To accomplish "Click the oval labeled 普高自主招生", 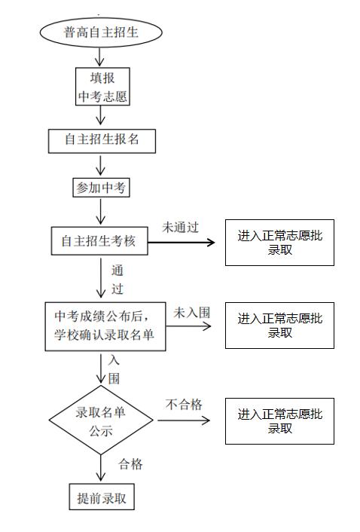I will pos(102,32).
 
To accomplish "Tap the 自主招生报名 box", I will pos(102,140).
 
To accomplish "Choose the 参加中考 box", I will pos(102,188).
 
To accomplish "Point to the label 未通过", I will pos(181,228).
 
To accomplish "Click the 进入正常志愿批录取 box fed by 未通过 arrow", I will pos(279,243).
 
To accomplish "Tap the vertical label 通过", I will pos(117,279).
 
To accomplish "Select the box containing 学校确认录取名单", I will pos(105,326).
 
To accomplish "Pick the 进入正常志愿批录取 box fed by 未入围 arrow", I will pos(279,326).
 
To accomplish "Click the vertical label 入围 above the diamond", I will pos(114,369).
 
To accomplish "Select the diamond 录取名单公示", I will pos(102,421).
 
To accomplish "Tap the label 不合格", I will pos(184,405).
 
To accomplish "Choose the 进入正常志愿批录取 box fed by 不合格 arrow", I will pos(279,420).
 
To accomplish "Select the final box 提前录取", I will pos(102,499).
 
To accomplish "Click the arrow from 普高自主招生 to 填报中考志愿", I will pos(102,57).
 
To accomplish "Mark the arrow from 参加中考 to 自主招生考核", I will pos(102,212).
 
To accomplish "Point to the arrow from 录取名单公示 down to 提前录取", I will pos(102,467).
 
